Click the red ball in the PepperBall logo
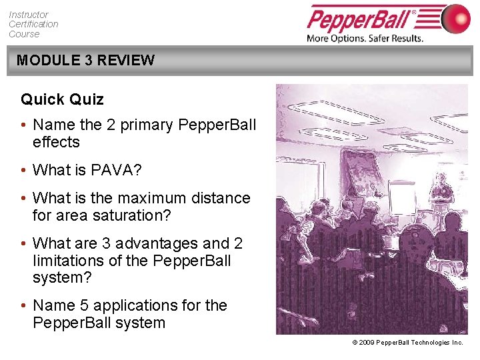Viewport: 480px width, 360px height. [x=455, y=18]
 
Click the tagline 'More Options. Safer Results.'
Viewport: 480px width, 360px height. [x=365, y=38]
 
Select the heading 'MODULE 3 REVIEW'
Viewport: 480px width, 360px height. [x=85, y=60]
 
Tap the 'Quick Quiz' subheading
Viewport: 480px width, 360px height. [x=62, y=99]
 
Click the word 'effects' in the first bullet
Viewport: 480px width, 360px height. [x=56, y=142]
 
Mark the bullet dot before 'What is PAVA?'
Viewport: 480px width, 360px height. [x=23, y=171]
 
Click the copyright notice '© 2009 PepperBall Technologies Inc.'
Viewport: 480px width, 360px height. [x=407, y=342]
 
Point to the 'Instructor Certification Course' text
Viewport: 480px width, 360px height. [x=33, y=24]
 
